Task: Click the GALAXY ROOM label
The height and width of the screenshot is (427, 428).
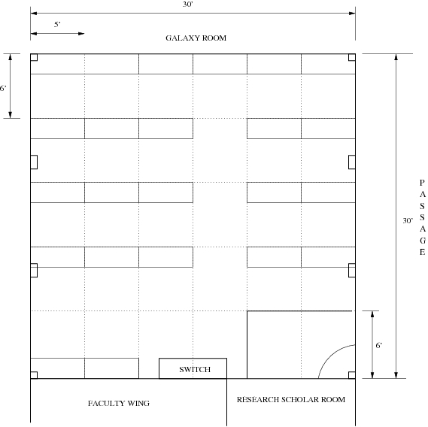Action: pyautogui.click(x=196, y=38)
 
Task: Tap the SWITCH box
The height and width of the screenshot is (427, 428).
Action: pyautogui.click(x=193, y=368)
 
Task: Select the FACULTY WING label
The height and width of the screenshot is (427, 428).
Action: pyautogui.click(x=119, y=403)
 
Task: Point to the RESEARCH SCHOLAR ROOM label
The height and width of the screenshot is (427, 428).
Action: pyautogui.click(x=291, y=399)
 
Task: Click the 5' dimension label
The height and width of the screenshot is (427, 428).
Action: pyautogui.click(x=57, y=25)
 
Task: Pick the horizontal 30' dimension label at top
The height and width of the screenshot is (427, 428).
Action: pyautogui.click(x=188, y=5)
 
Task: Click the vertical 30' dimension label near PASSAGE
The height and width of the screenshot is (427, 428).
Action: pyautogui.click(x=408, y=220)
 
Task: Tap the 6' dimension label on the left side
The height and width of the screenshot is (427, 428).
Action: pyautogui.click(x=3, y=88)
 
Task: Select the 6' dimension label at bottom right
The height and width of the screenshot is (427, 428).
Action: pyautogui.click(x=379, y=345)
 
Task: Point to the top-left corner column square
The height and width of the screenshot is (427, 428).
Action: pyautogui.click(x=34, y=57)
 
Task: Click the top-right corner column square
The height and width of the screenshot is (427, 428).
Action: pyautogui.click(x=352, y=57)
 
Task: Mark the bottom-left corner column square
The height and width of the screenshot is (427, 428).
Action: pyautogui.click(x=34, y=375)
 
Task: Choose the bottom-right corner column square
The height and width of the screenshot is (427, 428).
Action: pyautogui.click(x=352, y=375)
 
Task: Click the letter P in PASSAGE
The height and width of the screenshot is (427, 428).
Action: pyautogui.click(x=422, y=183)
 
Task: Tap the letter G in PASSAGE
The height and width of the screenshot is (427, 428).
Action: pyautogui.click(x=423, y=241)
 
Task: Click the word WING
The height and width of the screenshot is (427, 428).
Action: pyautogui.click(x=138, y=403)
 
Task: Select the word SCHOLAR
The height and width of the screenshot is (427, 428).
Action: pyautogui.click(x=300, y=399)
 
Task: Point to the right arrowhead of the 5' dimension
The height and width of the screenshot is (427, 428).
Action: pyautogui.click(x=81, y=34)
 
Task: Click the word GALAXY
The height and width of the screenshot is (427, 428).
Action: pyautogui.click(x=181, y=38)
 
